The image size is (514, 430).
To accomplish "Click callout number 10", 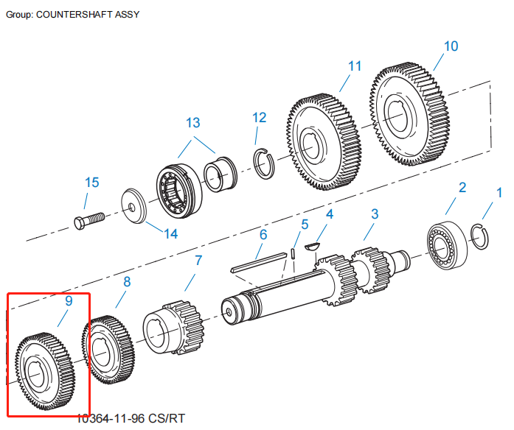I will [x=451, y=46].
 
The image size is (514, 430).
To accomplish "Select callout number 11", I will [x=355, y=66].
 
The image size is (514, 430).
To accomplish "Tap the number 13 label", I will [x=192, y=122].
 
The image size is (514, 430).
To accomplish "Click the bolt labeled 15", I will [x=88, y=219].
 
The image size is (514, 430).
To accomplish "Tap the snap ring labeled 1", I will [x=480, y=238].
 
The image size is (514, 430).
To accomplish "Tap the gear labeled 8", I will [x=108, y=351].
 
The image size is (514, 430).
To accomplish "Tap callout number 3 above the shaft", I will [x=375, y=214].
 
